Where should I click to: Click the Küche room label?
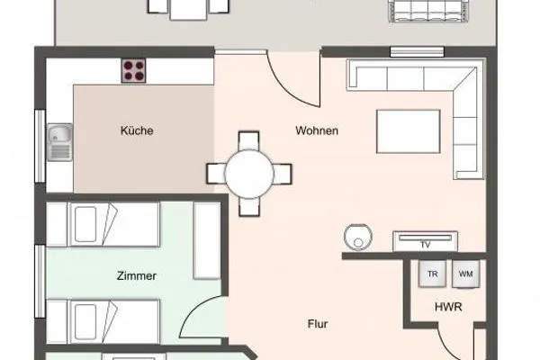137,131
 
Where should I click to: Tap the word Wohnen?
317,131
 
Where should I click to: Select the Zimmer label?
136,276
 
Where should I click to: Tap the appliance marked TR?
432,274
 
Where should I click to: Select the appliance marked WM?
465,274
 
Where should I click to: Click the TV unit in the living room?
426,242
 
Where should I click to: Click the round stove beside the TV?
356,237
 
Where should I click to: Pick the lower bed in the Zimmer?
102,319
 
